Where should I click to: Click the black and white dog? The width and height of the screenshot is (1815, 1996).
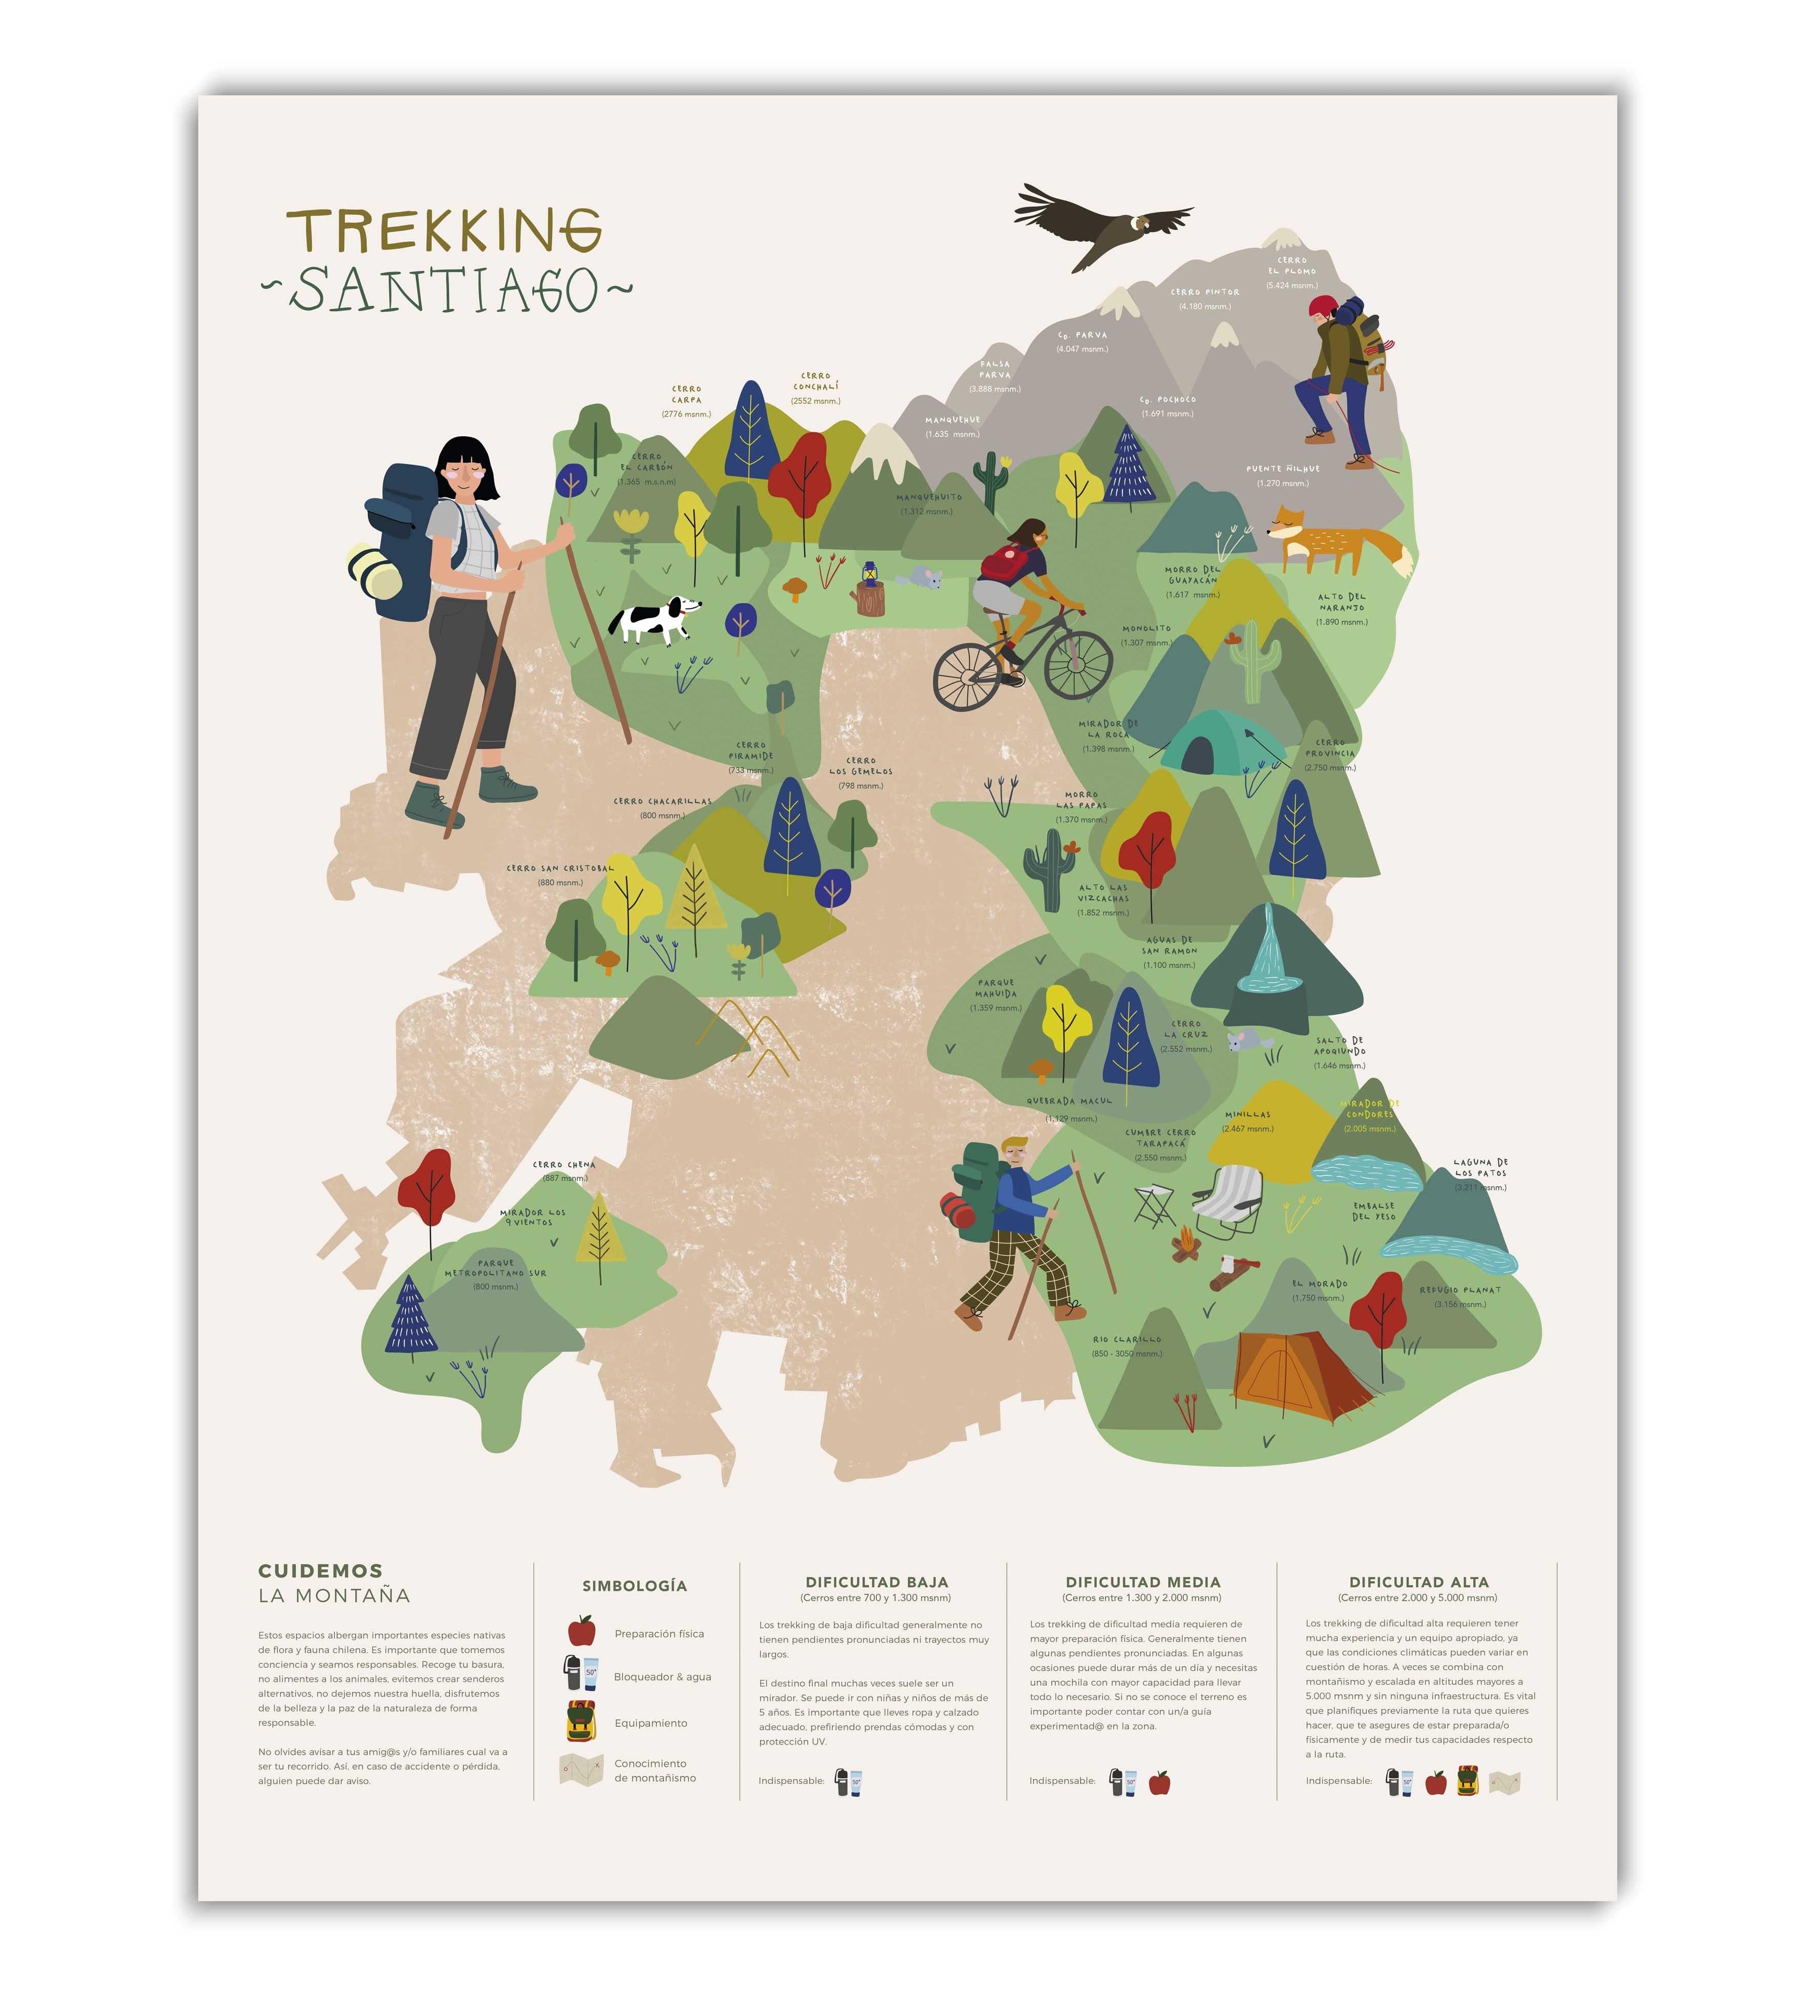pyautogui.click(x=654, y=620)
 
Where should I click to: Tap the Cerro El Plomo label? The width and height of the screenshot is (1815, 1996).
pyautogui.click(x=1291, y=266)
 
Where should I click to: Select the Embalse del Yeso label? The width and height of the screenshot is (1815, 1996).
pyautogui.click(x=1373, y=1211)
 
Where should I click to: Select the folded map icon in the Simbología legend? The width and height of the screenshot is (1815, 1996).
pyautogui.click(x=581, y=1769)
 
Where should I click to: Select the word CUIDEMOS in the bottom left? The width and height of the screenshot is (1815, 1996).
pyautogui.click(x=320, y=1571)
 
